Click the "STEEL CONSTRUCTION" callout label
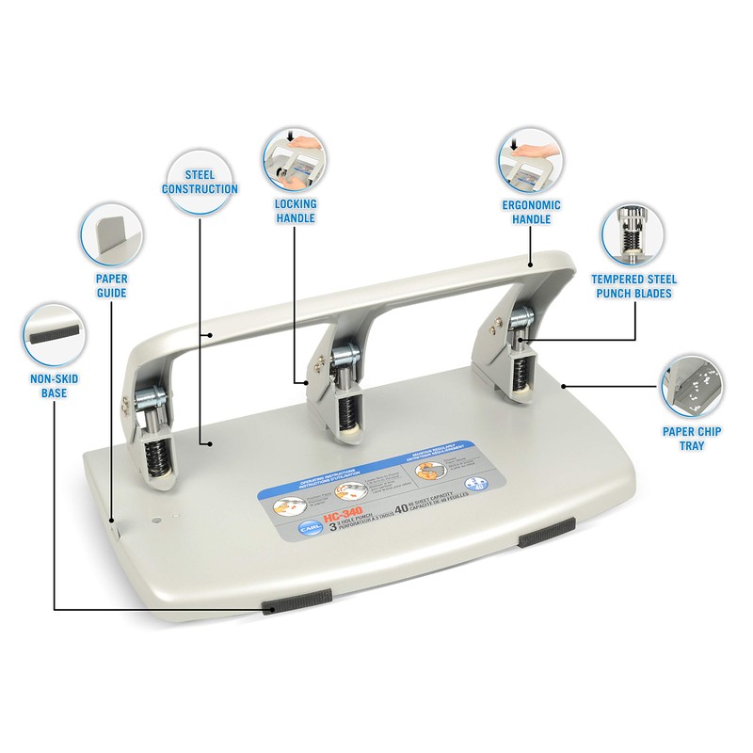tap(200, 182)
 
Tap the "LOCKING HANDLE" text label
tap(296, 211)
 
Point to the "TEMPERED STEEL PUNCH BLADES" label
tap(633, 286)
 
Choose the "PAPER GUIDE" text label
tap(111, 286)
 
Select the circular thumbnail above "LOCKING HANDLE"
tap(295, 158)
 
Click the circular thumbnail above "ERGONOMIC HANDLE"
tap(530, 158)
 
